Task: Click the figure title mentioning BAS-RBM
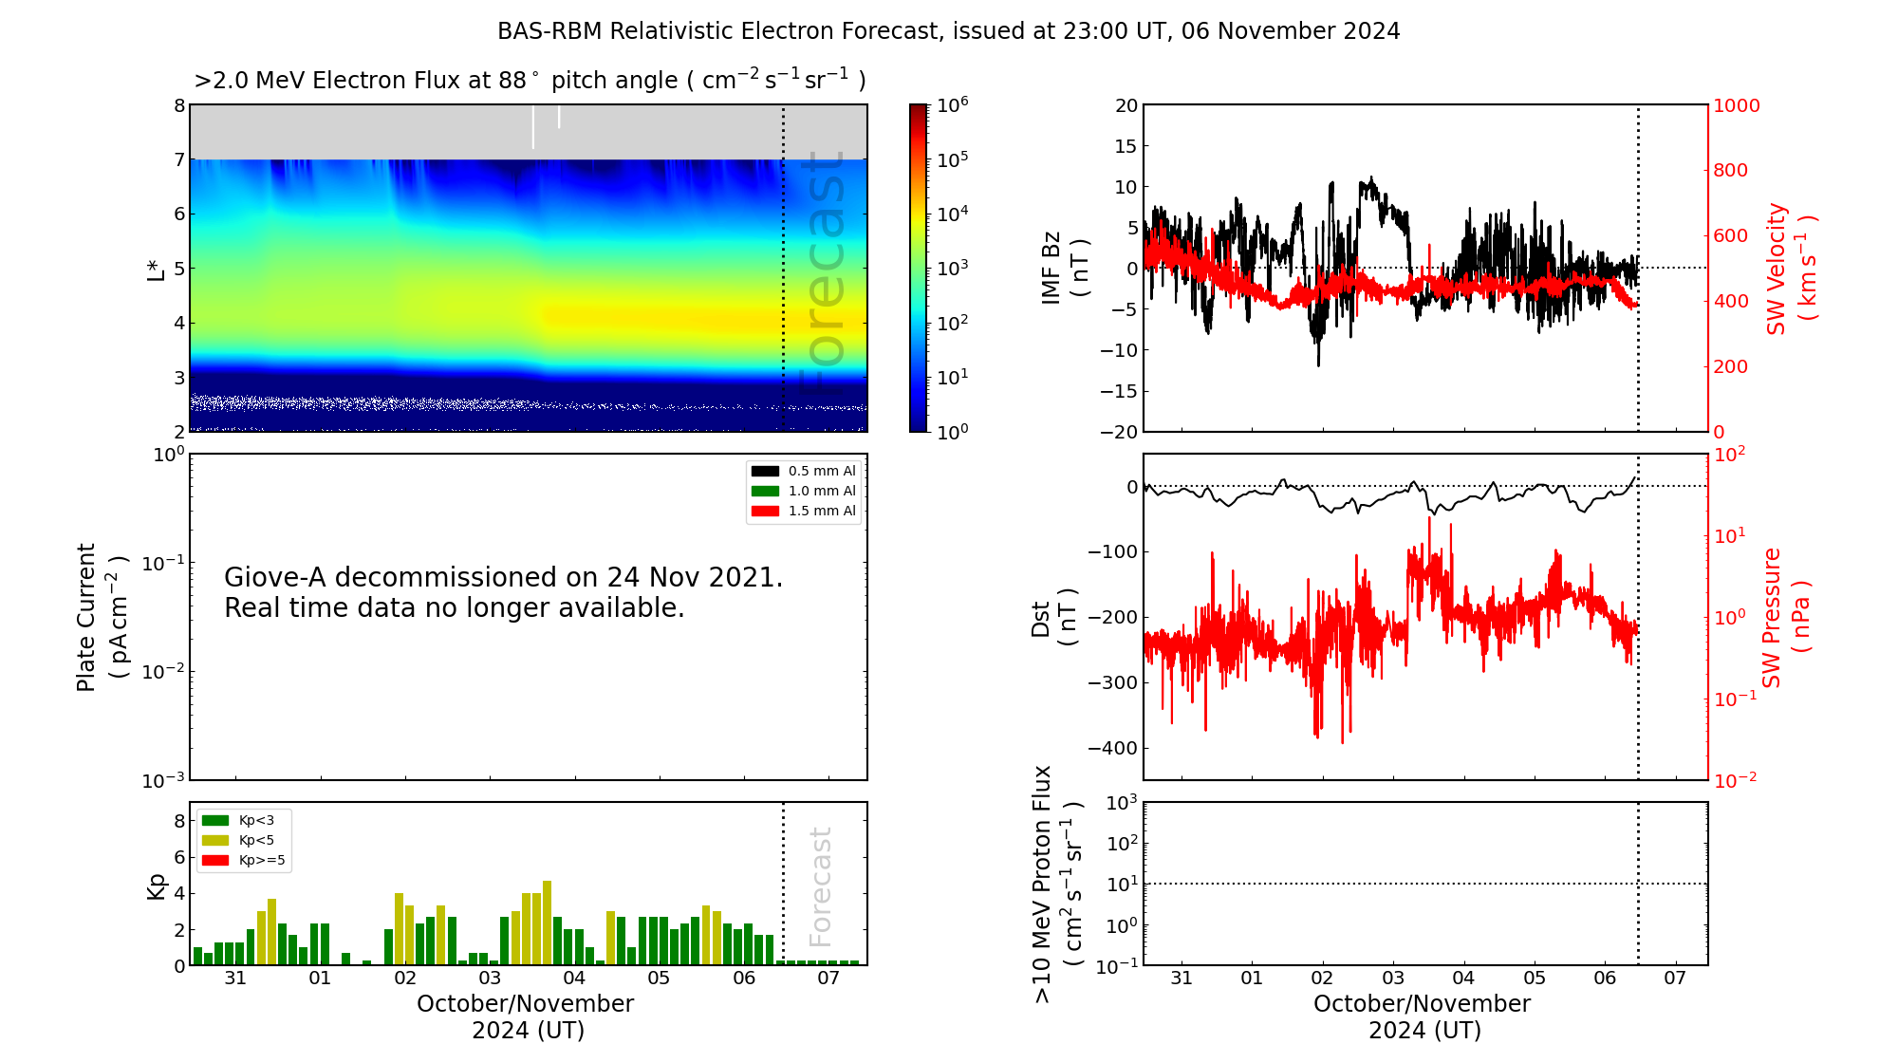pyautogui.click(x=948, y=31)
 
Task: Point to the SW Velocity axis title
pyautogui.click(x=1791, y=269)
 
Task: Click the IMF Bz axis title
pyautogui.click(x=1065, y=268)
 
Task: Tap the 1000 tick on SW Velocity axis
pyautogui.click(x=1736, y=105)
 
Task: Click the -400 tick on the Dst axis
pyautogui.click(x=1112, y=748)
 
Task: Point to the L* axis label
pyautogui.click(x=156, y=268)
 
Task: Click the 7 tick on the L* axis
pyautogui.click(x=178, y=159)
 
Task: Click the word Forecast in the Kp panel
pyautogui.click(x=820, y=886)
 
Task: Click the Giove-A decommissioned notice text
pyautogui.click(x=503, y=592)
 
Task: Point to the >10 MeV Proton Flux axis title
pyautogui.click(x=1057, y=884)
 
